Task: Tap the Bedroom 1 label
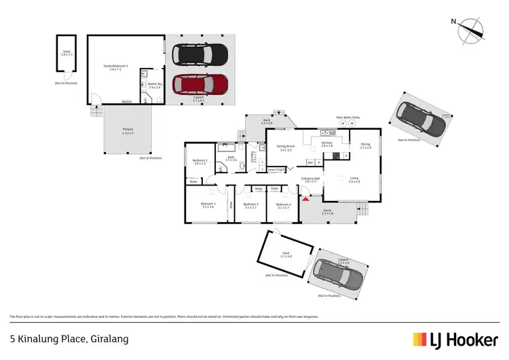(x=208, y=205)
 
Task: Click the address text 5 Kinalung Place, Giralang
(x=69, y=338)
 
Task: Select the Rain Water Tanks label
(x=347, y=117)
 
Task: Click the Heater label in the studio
(x=126, y=102)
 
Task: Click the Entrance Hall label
(x=311, y=181)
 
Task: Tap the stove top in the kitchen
(x=335, y=156)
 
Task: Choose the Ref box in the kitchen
(x=310, y=163)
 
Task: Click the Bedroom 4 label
(x=283, y=205)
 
